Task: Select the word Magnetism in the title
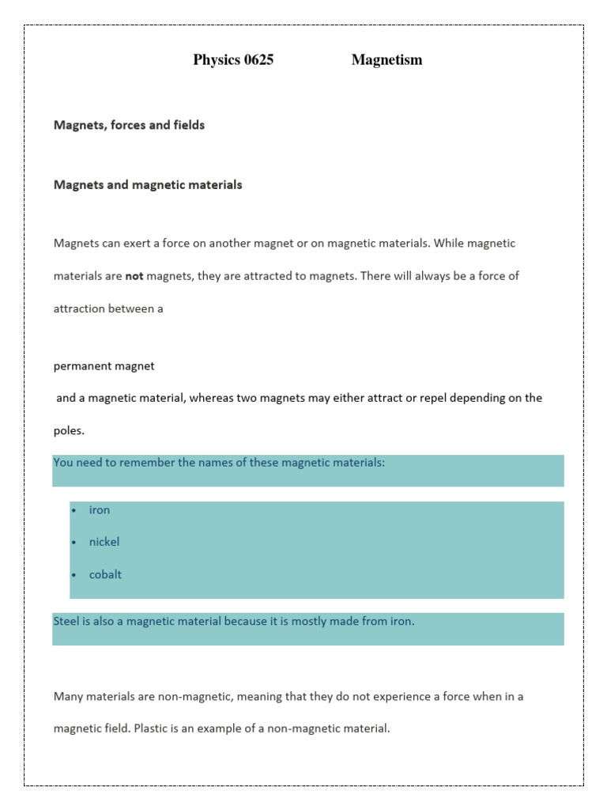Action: tap(386, 60)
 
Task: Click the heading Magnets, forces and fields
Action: tap(129, 125)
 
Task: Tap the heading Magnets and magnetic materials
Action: tap(148, 185)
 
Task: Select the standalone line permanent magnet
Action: tap(104, 366)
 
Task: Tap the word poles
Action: tap(68, 431)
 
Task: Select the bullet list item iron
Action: tap(100, 510)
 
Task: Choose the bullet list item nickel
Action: tap(104, 543)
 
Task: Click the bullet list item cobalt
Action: tap(105, 575)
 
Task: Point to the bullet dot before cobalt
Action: tap(74, 575)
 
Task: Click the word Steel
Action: tap(67, 622)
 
